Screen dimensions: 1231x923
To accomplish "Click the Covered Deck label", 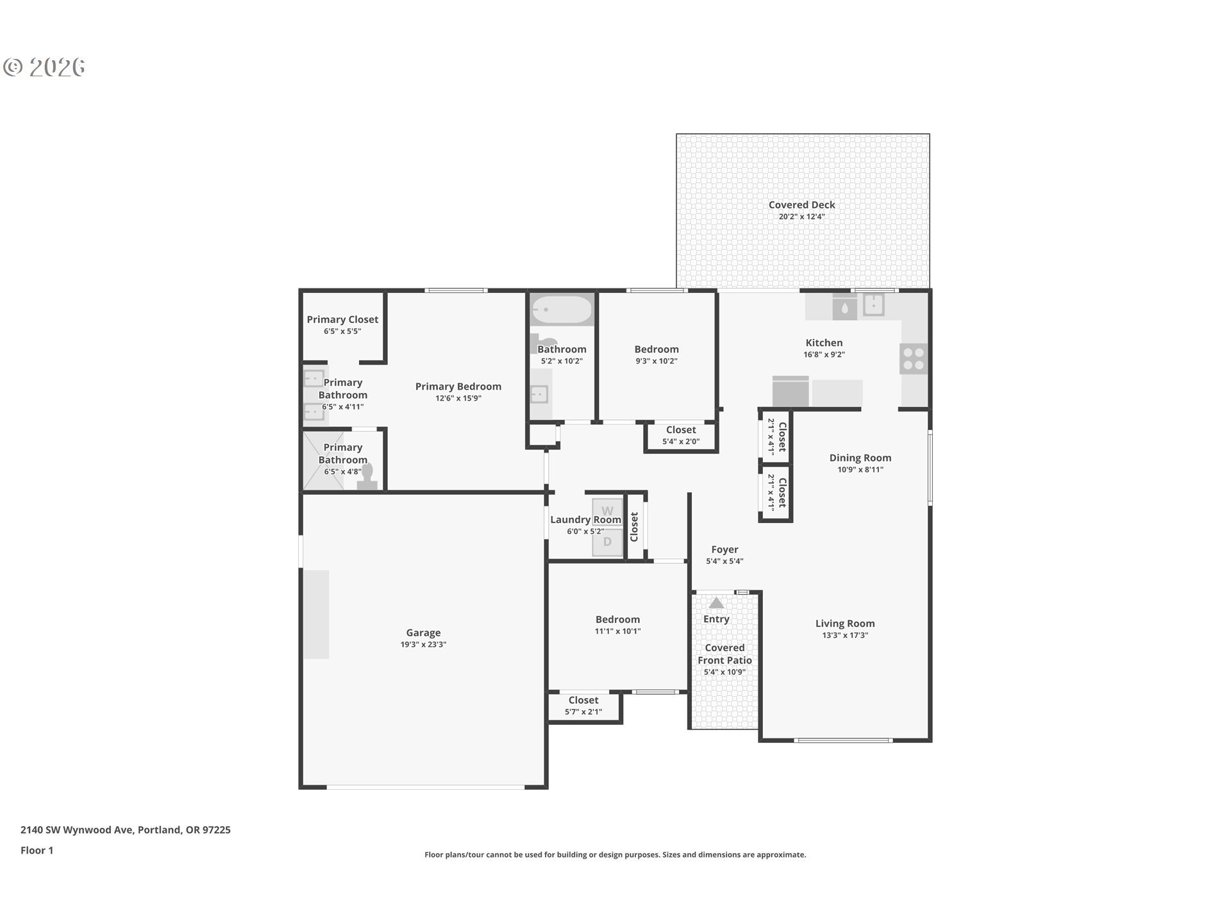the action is click(801, 205).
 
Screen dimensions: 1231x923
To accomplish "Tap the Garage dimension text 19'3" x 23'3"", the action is click(423, 644).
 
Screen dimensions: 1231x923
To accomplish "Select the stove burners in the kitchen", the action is click(914, 359).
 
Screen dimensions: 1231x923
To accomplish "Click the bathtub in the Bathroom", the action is click(562, 310).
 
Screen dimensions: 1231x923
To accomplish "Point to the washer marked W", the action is click(607, 511).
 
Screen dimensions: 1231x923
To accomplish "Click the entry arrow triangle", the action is click(716, 603).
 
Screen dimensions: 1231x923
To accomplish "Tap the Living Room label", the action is click(845, 624).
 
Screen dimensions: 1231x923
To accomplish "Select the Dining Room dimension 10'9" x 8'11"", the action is click(860, 469).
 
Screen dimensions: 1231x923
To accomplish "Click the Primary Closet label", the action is click(342, 319).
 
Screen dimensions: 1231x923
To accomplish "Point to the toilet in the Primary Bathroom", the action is click(367, 477).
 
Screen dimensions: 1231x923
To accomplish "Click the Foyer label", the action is click(724, 550).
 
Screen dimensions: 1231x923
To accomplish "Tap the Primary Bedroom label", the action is click(458, 387).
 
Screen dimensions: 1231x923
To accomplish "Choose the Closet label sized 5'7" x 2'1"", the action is click(583, 701).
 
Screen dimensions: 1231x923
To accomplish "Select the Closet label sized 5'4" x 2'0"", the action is click(681, 430).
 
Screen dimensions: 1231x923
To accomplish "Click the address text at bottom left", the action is click(126, 830).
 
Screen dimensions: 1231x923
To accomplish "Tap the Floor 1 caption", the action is click(37, 851).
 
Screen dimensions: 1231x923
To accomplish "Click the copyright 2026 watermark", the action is click(44, 67).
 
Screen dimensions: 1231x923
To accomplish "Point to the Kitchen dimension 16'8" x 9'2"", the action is click(824, 354).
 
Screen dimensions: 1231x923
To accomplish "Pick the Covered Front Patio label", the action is click(725, 654).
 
